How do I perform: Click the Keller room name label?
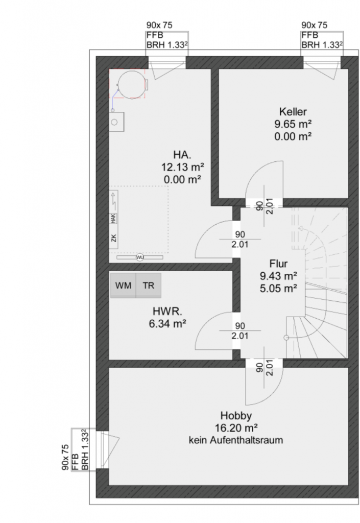click(293, 111)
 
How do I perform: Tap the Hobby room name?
click(236, 416)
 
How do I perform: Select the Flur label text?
click(278, 264)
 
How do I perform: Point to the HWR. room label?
click(167, 311)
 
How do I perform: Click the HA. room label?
click(182, 154)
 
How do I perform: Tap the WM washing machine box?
click(123, 285)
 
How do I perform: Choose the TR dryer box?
click(149, 285)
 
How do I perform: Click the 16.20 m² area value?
click(236, 427)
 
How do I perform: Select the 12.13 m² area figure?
click(182, 167)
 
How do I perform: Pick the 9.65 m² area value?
click(293, 124)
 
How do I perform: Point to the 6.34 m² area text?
click(167, 323)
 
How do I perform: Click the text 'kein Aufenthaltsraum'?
click(236, 440)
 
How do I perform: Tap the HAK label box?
click(113, 219)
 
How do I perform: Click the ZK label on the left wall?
click(114, 238)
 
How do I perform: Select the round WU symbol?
click(140, 257)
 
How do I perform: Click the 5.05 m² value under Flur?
click(278, 288)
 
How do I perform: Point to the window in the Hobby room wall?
click(103, 449)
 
